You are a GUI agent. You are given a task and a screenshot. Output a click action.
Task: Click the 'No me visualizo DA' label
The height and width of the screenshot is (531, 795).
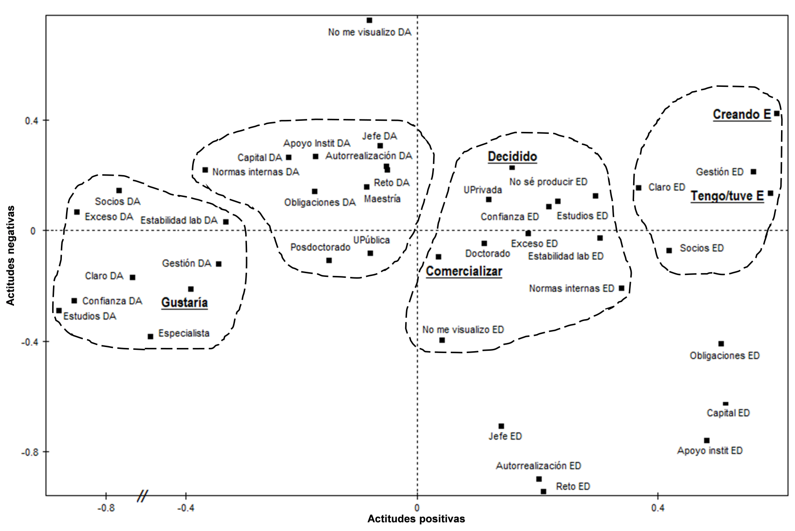[x=370, y=33]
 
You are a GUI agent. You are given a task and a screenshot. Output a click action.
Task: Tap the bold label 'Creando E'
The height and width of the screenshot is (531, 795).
[x=742, y=114]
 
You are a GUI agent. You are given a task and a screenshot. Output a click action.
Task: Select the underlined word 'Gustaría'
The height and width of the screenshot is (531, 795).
[x=184, y=303]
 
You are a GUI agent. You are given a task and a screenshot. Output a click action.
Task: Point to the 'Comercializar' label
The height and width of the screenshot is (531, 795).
[x=464, y=271]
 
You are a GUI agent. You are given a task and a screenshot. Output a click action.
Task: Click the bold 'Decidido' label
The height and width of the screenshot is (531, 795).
[x=512, y=157]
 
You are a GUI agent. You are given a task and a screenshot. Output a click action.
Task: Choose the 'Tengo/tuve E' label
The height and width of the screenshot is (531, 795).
[x=727, y=196]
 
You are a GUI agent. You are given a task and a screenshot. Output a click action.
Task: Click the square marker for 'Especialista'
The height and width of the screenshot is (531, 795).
[x=150, y=336]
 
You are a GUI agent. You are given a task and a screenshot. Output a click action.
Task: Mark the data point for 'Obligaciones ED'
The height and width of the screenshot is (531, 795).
[x=721, y=344]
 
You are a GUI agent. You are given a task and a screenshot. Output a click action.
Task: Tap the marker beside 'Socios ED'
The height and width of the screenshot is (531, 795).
[x=669, y=250]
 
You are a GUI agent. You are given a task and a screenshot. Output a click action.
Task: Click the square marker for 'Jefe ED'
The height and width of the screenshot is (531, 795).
[x=501, y=426]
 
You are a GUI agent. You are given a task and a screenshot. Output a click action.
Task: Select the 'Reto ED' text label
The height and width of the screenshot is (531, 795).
[x=573, y=486]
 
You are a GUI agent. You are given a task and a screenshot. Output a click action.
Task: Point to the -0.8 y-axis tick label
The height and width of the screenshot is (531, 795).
[x=29, y=452]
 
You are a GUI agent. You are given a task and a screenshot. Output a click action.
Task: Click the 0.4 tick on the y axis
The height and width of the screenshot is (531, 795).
[x=30, y=120]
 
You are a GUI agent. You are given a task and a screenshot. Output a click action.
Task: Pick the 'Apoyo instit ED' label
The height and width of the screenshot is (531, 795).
[x=709, y=451]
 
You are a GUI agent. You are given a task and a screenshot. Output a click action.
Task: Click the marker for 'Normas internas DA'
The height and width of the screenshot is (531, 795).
[x=205, y=170]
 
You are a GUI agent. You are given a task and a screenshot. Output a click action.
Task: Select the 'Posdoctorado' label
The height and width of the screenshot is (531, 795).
[x=320, y=247]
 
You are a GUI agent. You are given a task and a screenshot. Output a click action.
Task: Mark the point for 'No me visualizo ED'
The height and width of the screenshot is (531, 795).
[x=442, y=340]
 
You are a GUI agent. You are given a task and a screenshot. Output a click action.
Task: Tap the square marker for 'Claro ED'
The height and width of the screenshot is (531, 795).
[x=639, y=188]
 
